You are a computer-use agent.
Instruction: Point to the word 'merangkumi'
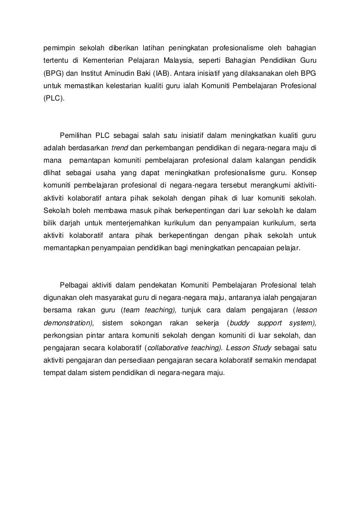(262, 187)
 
